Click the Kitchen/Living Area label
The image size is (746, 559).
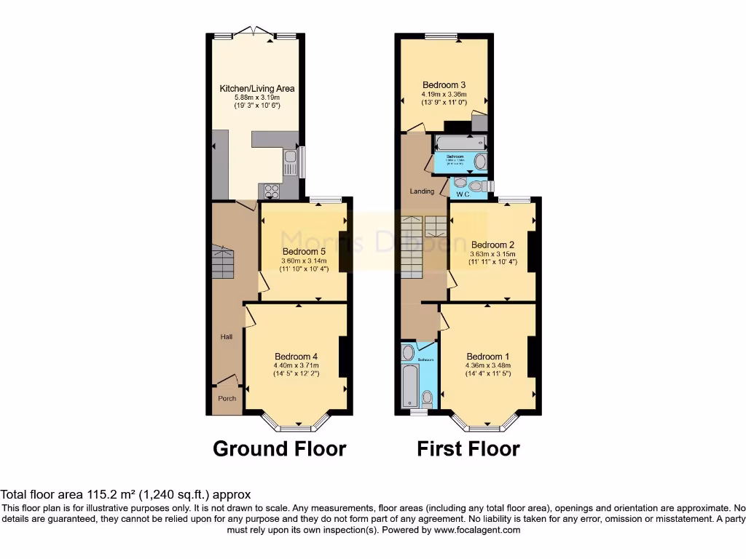pos(257,89)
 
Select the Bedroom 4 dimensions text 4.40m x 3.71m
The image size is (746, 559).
pos(296,365)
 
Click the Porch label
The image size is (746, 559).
pos(227,399)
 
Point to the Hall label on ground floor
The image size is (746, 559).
pos(227,337)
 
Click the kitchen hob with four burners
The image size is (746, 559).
pos(272,191)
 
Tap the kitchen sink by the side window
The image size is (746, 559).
pos(291,163)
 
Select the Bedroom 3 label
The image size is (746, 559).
pos(444,84)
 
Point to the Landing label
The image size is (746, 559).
pos(422,191)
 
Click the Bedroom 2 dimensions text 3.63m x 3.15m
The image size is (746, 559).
pos(493,253)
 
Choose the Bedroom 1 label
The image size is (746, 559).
pos(488,357)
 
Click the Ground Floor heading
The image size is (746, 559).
pos(279,449)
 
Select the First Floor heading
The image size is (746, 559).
pos(468,449)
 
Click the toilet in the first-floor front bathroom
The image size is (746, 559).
pos(427,398)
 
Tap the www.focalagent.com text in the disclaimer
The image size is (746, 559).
pos(477,531)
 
